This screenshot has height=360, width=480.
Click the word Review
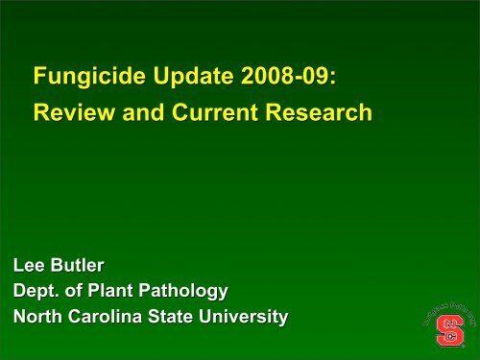(x=69, y=114)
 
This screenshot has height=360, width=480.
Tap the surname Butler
(x=76, y=265)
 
